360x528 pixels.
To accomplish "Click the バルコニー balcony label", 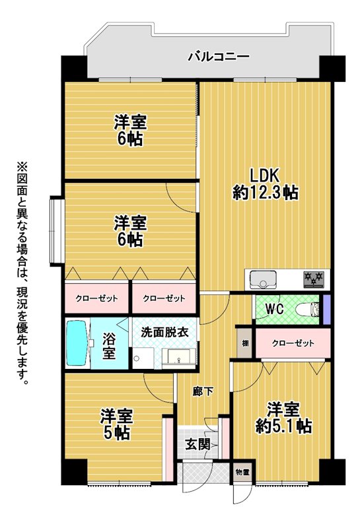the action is (218, 56).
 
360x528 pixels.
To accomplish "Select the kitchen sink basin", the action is (263, 279).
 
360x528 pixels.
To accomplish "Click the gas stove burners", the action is (314, 279).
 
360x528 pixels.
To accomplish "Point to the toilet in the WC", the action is (308, 309).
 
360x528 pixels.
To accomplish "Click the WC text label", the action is (274, 309).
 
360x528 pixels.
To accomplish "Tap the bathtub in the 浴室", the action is (77, 343).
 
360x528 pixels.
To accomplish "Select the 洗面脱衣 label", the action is (164, 333).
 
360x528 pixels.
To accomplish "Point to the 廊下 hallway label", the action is (203, 391).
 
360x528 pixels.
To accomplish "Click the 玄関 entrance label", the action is (198, 444).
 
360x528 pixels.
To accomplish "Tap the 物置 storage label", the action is (242, 472).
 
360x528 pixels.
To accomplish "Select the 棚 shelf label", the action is (245, 343).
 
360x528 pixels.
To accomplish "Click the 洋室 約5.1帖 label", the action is (283, 418).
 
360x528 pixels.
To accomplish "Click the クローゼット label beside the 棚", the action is (293, 343).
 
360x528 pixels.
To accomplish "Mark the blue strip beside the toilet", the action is (326, 310).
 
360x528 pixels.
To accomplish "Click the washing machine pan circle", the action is (136, 358).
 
